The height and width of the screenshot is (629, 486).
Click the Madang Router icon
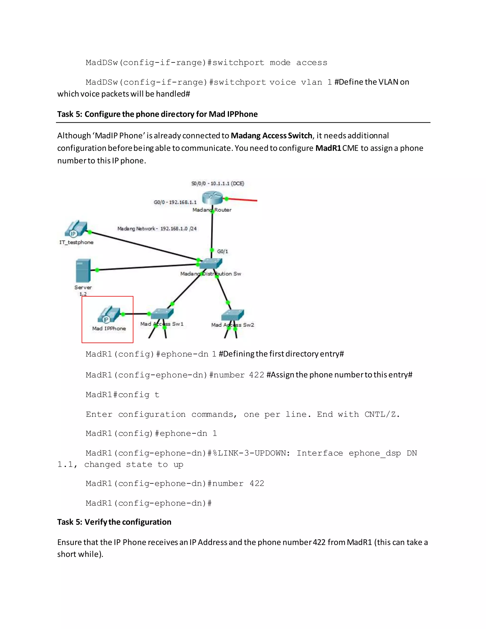point(212,198)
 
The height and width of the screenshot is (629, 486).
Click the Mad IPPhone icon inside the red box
point(108,314)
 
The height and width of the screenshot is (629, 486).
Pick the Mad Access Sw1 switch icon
point(162,314)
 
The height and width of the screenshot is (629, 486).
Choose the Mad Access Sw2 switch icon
point(233,315)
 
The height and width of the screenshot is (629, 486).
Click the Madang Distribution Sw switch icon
point(211,263)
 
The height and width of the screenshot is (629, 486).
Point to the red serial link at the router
point(243,200)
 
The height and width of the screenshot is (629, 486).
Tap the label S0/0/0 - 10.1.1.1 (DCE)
point(218,183)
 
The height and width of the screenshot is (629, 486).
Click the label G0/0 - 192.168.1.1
point(175,202)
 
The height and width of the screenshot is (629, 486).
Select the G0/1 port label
point(222,251)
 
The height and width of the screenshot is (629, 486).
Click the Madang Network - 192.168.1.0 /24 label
point(157,229)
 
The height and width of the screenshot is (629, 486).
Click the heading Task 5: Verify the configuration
point(114,522)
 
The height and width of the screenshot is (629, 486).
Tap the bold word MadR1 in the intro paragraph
point(328,148)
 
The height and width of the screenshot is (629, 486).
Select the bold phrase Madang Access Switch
point(271,135)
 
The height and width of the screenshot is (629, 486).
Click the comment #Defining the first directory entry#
point(281,354)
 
